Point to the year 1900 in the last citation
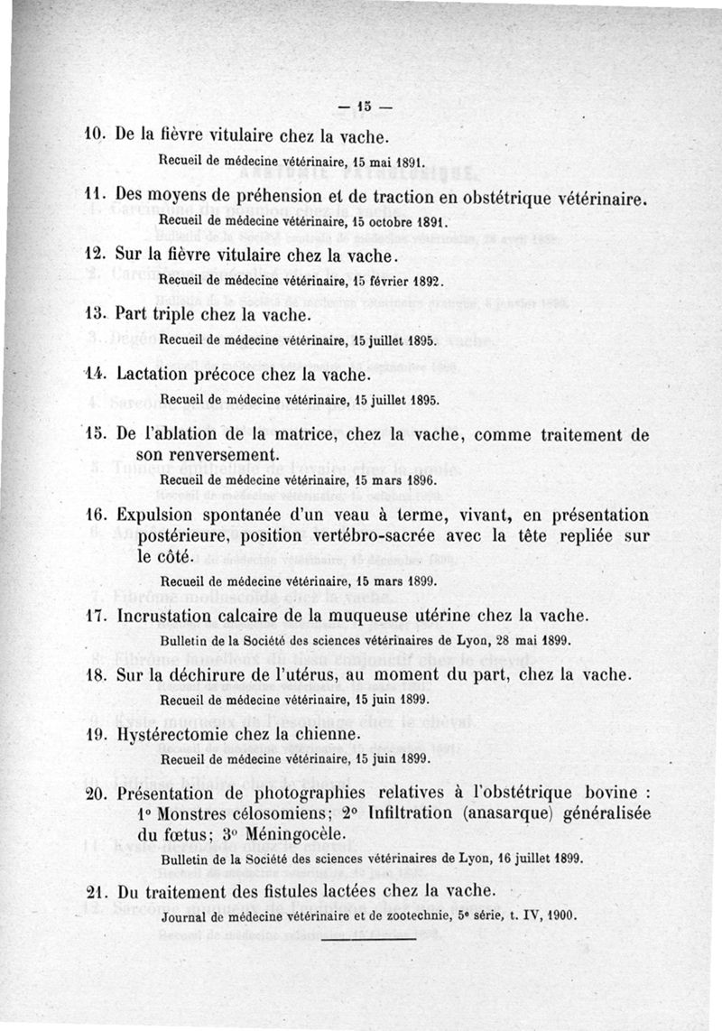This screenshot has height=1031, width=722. [x=558, y=914]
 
